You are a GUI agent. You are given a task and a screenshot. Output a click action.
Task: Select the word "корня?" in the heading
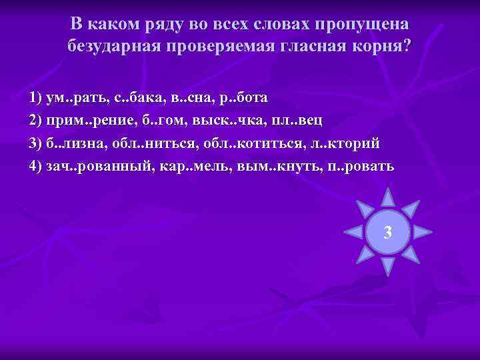pyautogui.click(x=382, y=47)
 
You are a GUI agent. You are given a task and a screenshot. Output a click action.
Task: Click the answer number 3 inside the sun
pyautogui.click(x=387, y=233)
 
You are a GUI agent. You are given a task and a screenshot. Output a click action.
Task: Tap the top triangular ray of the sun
pyautogui.click(x=387, y=197)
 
